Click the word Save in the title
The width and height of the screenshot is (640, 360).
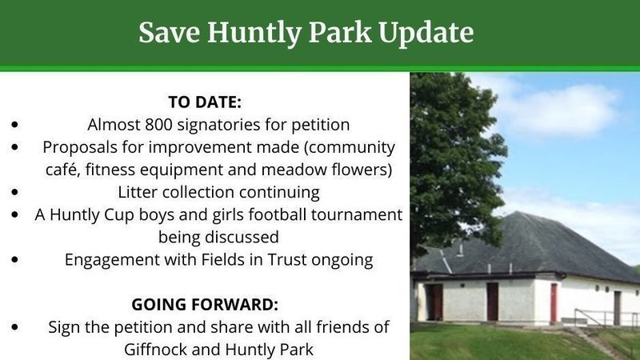coord(170,32)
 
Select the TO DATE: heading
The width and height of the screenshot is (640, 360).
coord(205,102)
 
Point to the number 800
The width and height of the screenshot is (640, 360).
coord(158,125)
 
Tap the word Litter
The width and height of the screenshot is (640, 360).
coord(138,192)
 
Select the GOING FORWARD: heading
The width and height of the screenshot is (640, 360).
coord(205,305)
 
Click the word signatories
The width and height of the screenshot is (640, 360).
coord(218,125)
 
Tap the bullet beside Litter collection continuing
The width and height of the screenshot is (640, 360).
coord(15,192)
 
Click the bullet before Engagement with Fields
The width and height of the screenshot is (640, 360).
coord(15,259)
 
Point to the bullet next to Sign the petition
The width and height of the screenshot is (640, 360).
coord(15,327)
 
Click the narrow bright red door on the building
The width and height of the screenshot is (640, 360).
coord(554,302)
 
